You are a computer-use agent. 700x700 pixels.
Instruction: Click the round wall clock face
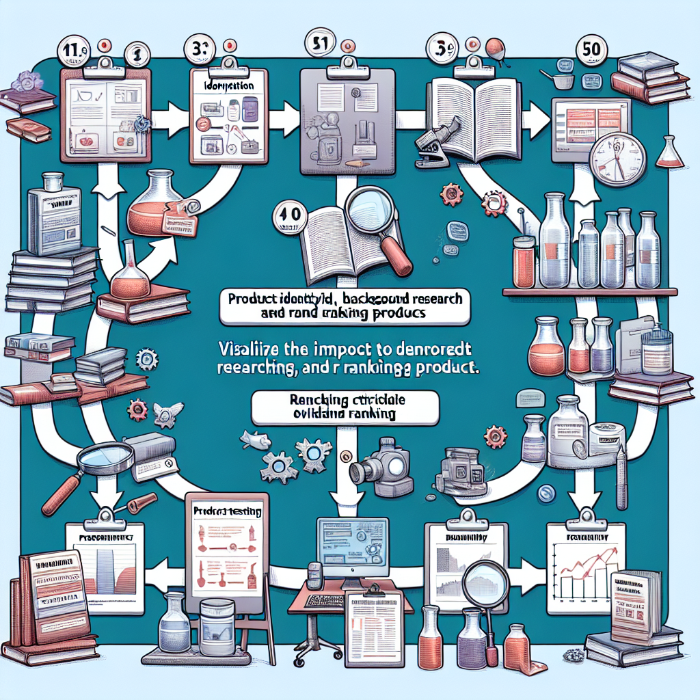tap(617, 159)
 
